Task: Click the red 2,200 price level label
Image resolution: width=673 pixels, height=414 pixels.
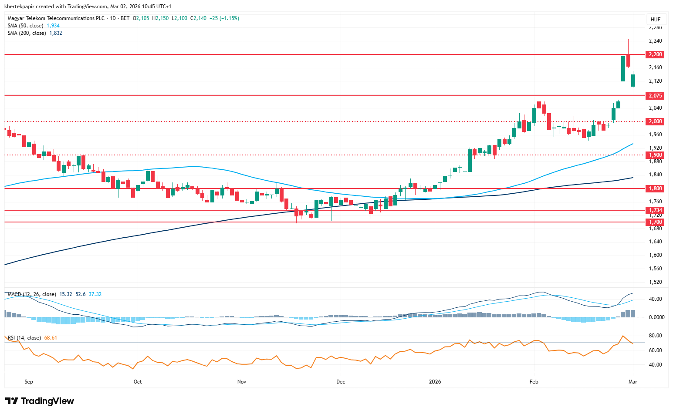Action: pyautogui.click(x=655, y=54)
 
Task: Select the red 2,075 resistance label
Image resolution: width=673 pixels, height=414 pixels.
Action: pyautogui.click(x=655, y=96)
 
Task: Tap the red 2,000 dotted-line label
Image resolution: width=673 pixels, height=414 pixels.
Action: pyautogui.click(x=655, y=121)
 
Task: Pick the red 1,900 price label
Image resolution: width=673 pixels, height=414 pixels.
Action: pyautogui.click(x=655, y=155)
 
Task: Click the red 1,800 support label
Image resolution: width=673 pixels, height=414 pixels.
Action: pyautogui.click(x=655, y=188)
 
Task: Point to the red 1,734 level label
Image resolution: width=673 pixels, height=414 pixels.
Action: pyautogui.click(x=655, y=210)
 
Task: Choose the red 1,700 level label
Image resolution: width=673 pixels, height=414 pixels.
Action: pyautogui.click(x=655, y=222)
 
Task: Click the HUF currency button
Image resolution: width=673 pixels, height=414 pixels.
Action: pyautogui.click(x=655, y=20)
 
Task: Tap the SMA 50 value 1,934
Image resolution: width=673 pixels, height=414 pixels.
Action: pyautogui.click(x=53, y=26)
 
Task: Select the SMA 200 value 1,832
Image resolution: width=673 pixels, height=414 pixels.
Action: pyautogui.click(x=56, y=33)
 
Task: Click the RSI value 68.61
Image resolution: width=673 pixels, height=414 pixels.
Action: pyautogui.click(x=51, y=338)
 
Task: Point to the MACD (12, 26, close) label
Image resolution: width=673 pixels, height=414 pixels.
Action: pyautogui.click(x=32, y=294)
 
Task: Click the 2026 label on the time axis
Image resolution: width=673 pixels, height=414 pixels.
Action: pyautogui.click(x=435, y=382)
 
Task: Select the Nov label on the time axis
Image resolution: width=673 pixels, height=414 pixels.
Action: pyautogui.click(x=242, y=382)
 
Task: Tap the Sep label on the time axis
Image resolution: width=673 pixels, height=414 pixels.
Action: pyautogui.click(x=29, y=382)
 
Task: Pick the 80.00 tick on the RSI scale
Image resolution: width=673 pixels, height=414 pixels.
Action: pyautogui.click(x=655, y=336)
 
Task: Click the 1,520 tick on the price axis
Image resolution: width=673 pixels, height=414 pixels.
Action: pyautogui.click(x=655, y=282)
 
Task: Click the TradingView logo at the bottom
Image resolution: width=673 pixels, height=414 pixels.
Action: pyautogui.click(x=40, y=401)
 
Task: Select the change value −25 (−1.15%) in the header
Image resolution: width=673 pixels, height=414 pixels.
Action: pyautogui.click(x=224, y=18)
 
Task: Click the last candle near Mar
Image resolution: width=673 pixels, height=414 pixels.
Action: pyautogui.click(x=633, y=81)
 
